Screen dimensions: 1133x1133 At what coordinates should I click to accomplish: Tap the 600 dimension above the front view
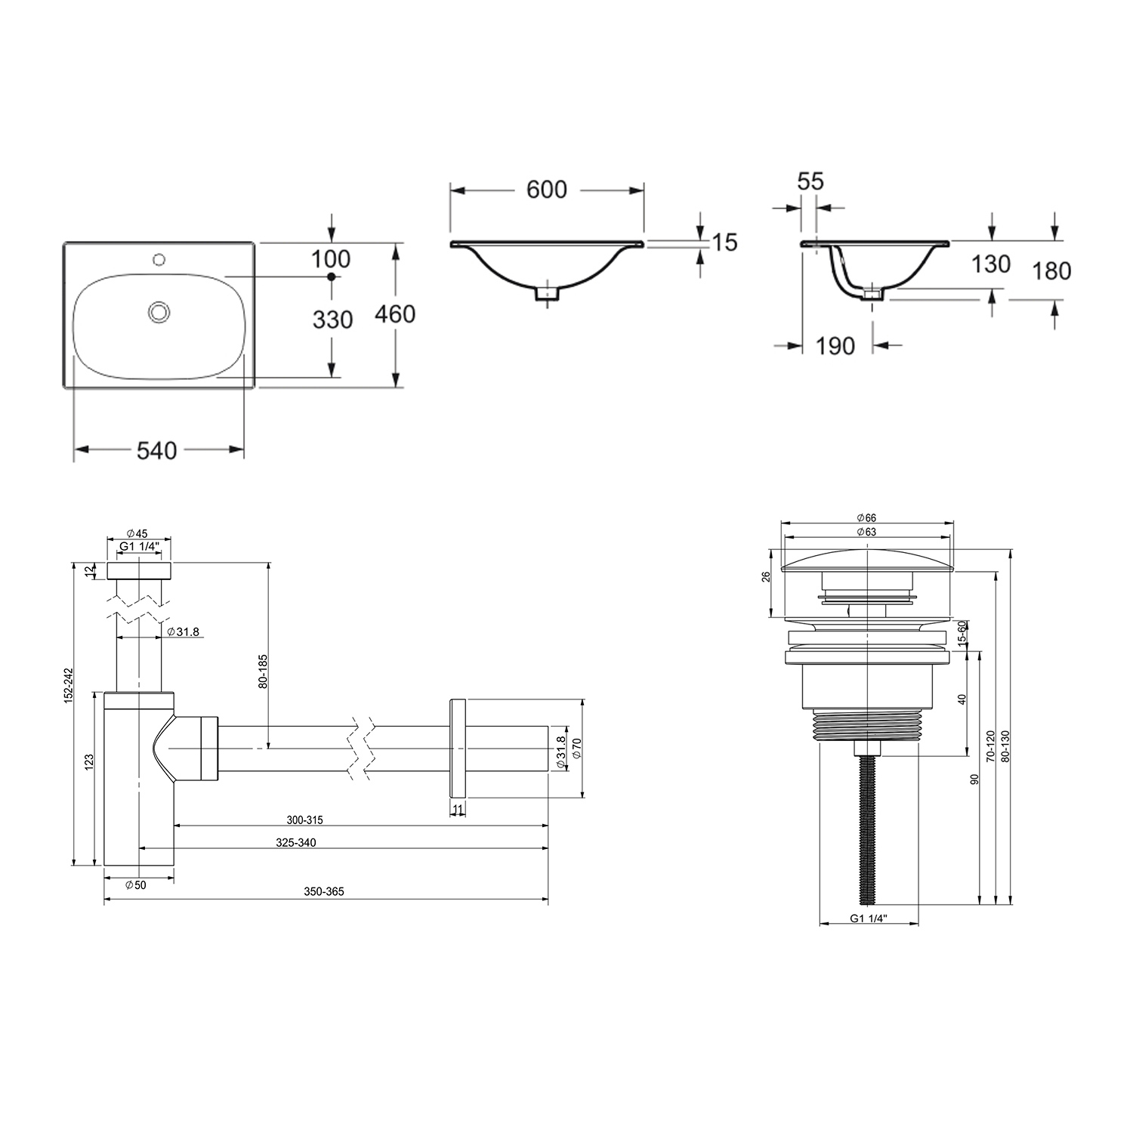pyautogui.click(x=546, y=190)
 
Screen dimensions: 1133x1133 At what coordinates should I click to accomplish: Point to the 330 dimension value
pyautogui.click(x=332, y=320)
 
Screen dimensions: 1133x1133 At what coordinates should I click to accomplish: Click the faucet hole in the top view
pyautogui.click(x=159, y=261)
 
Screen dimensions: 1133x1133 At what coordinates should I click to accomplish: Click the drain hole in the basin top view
pyautogui.click(x=159, y=311)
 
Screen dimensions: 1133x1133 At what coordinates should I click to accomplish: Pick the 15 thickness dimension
pyautogui.click(x=725, y=242)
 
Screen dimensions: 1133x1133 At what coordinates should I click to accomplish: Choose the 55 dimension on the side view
pyautogui.click(x=810, y=181)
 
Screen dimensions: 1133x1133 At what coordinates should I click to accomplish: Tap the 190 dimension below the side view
pyautogui.click(x=835, y=346)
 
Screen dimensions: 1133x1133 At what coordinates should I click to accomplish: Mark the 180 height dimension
pyautogui.click(x=1051, y=270)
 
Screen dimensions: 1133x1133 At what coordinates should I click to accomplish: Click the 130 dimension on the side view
pyautogui.click(x=990, y=264)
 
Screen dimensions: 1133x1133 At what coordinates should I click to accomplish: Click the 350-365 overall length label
pyautogui.click(x=324, y=892)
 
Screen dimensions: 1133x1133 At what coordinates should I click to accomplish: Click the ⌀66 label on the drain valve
pyautogui.click(x=866, y=517)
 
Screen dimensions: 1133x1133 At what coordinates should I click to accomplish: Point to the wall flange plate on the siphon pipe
pyautogui.click(x=458, y=748)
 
